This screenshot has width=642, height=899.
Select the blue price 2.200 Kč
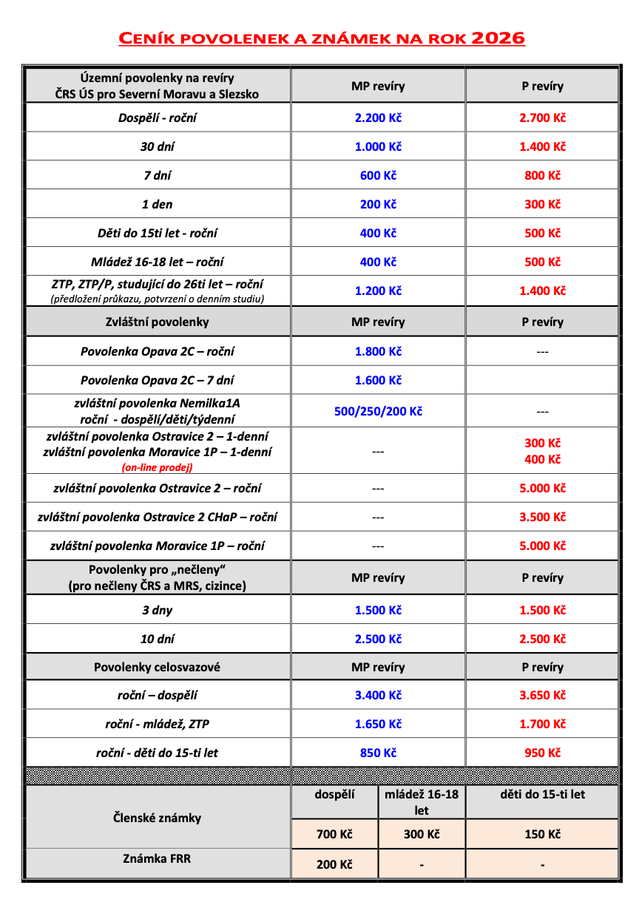pos(378,118)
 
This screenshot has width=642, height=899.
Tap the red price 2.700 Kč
pos(542,118)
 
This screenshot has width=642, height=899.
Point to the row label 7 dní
pos(158,175)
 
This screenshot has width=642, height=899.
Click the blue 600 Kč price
pos(378,175)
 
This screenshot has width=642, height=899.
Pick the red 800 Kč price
pos(542,175)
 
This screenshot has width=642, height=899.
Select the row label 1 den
pos(158,204)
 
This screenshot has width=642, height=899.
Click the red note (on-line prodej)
pos(158,467)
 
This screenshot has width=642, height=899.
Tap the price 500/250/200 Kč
pos(378,411)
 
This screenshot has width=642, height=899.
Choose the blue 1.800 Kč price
pos(378,351)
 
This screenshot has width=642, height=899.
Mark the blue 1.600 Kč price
pos(378,380)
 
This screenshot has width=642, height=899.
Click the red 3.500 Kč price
pos(542,517)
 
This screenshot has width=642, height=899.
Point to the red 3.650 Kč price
pos(542,695)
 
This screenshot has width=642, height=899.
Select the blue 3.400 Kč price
pos(378,695)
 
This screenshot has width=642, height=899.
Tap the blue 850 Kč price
pos(378,753)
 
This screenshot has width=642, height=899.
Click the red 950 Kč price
pos(542,753)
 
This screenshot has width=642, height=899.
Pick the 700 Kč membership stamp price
pos(334,834)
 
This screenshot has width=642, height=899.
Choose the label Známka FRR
pos(158,858)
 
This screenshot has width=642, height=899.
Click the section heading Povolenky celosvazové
pos(158,667)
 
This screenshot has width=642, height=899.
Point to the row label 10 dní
pos(158,639)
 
